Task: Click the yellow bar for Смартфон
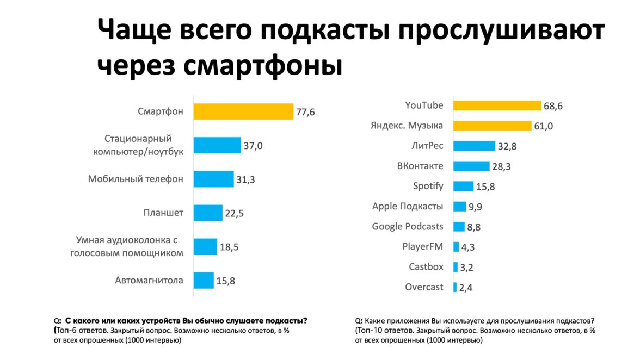pos(244,111)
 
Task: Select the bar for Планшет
pos(208,213)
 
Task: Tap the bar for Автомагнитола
pos(204,281)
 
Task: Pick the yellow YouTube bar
pos(497,105)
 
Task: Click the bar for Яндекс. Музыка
pos(493,126)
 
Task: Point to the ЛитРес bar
pos(474,146)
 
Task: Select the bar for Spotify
pos(464,186)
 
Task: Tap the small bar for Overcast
pos(455,287)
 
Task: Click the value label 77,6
pos(305,112)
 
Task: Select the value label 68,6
pos(552,106)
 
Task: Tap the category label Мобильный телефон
pos(136,179)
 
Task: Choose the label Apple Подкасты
pos(408,206)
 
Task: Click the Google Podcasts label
pos(408,226)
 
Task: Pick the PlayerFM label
pos(423,246)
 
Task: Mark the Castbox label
pos(426,266)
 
